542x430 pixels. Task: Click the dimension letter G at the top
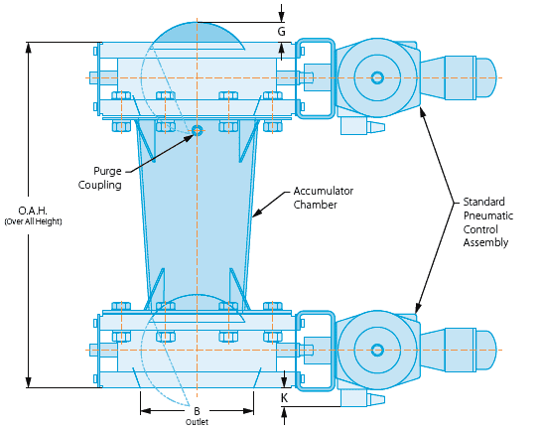[282, 32]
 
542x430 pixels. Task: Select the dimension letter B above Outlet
[197, 410]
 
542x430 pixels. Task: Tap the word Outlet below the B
[197, 422]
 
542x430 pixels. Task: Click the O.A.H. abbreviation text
[41, 210]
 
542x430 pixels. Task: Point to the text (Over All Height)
[41, 221]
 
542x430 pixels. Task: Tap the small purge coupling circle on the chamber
[197, 130]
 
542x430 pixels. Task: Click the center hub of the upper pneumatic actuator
[377, 77]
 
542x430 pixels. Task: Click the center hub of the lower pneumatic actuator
[377, 349]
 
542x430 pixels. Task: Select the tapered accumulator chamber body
[197, 218]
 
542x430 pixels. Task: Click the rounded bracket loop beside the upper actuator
[316, 77]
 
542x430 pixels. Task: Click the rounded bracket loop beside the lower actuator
[316, 349]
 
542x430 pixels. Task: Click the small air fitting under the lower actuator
[361, 398]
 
